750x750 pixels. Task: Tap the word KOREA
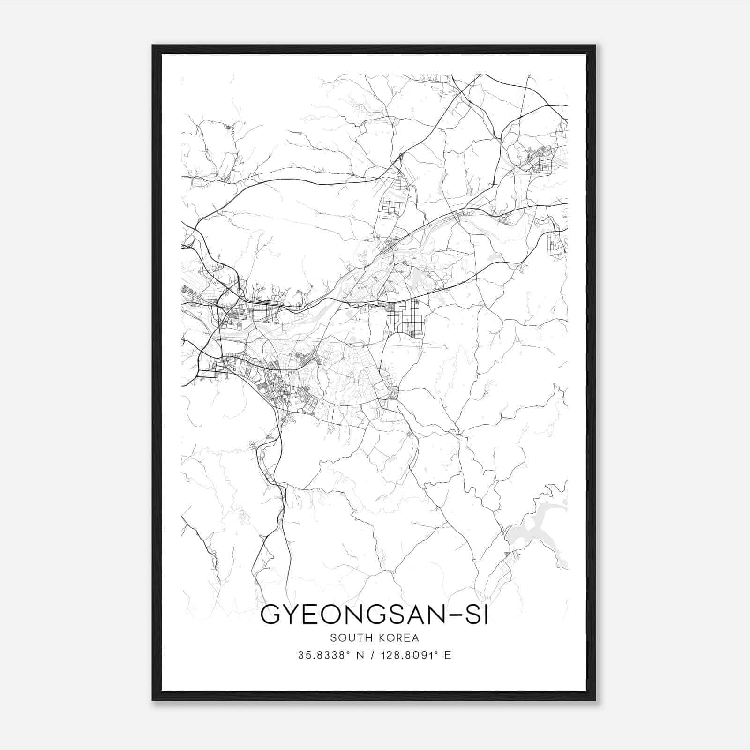pyautogui.click(x=395, y=637)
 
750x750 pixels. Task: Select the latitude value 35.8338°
pyautogui.click(x=320, y=655)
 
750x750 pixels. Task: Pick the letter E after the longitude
pyautogui.click(x=448, y=655)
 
